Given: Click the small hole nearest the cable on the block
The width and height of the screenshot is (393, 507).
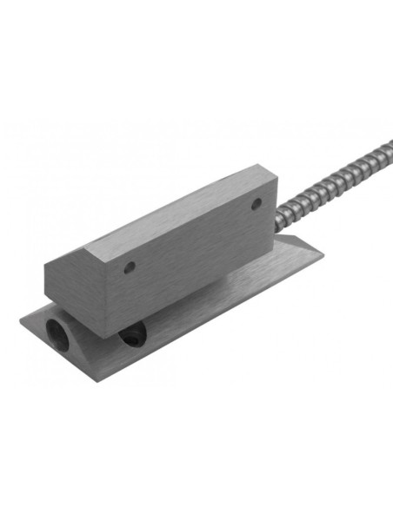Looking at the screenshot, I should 256,206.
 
